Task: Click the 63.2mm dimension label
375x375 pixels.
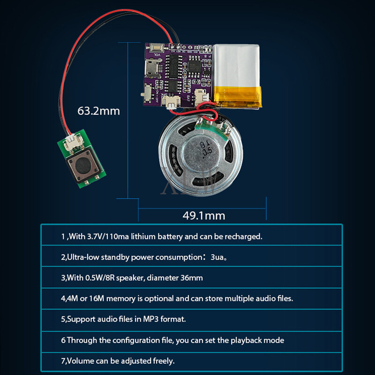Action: point(98,111)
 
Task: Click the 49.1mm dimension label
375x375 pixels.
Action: point(203,216)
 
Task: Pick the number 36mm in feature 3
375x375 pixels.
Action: point(192,277)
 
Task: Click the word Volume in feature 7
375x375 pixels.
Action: point(79,361)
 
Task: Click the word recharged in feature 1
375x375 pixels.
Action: point(245,236)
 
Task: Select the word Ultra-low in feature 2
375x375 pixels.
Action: point(82,257)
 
